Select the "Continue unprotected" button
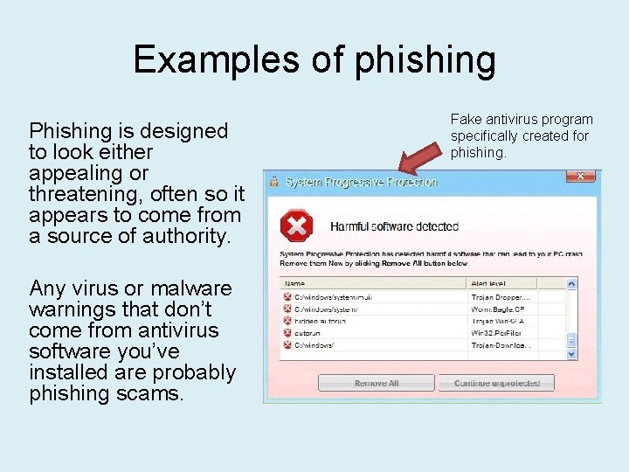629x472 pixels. pos(497,383)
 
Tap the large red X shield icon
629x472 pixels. pos(296,226)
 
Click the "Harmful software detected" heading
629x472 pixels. pos(394,226)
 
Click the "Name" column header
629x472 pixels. pos(294,283)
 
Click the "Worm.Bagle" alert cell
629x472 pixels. pos(499,309)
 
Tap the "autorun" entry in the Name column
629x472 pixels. pos(308,332)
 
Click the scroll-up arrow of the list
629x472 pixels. pos(571,284)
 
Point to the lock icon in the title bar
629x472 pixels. pos(274,182)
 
